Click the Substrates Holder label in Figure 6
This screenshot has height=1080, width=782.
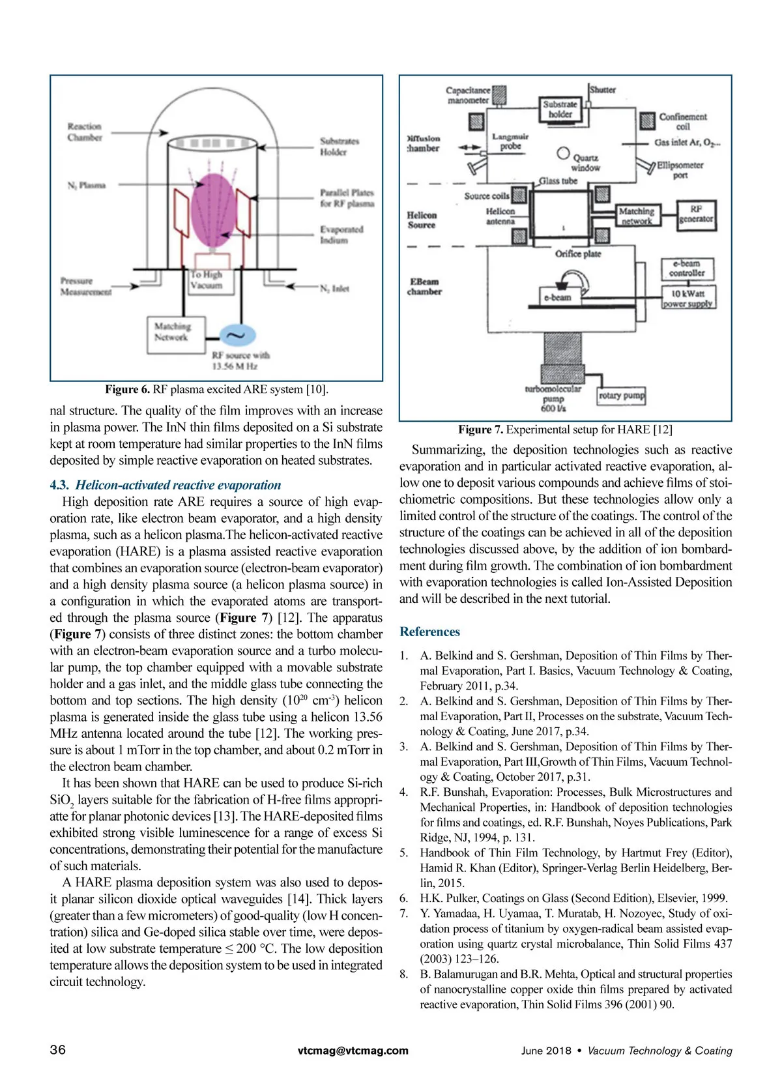pyautogui.click(x=339, y=147)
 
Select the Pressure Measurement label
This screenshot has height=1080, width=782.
pyautogui.click(x=85, y=287)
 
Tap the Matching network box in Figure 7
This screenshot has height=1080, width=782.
pyautogui.click(x=637, y=216)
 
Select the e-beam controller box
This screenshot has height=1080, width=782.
pyautogui.click(x=687, y=268)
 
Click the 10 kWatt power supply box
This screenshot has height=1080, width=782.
pyautogui.click(x=688, y=298)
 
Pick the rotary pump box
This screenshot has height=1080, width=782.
pyautogui.click(x=621, y=396)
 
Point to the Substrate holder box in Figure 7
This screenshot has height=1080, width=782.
pyautogui.click(x=560, y=109)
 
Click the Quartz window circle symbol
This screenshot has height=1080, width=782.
pyautogui.click(x=563, y=153)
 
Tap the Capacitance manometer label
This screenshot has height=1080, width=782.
pyautogui.click(x=468, y=95)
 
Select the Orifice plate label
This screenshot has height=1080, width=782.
pyautogui.click(x=578, y=254)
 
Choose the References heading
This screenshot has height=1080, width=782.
pyautogui.click(x=429, y=632)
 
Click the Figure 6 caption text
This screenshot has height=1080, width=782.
pyautogui.click(x=216, y=390)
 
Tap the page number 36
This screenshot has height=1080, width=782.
pyautogui.click(x=58, y=1049)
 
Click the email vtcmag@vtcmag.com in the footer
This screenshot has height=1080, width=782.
pyautogui.click(x=353, y=1051)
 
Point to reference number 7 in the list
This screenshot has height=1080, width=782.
pyautogui.click(x=404, y=913)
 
